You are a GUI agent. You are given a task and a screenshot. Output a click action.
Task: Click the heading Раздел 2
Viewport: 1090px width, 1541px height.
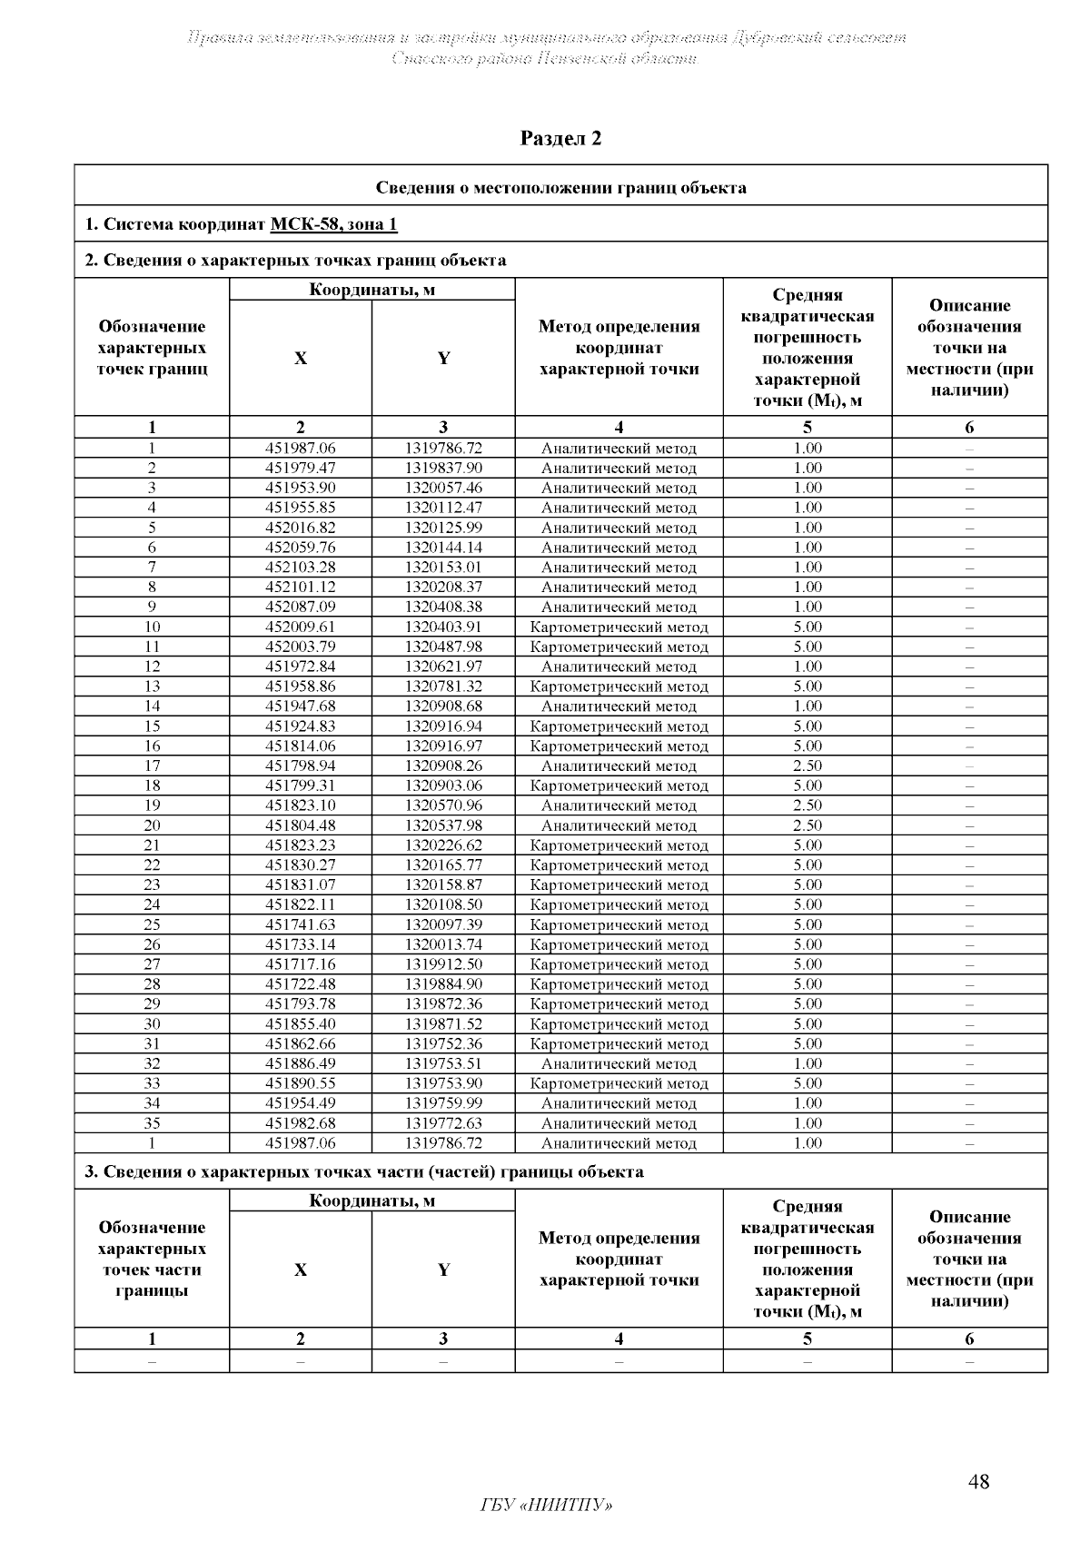tap(560, 138)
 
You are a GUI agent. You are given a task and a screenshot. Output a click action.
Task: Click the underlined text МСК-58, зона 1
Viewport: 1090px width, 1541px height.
tap(333, 224)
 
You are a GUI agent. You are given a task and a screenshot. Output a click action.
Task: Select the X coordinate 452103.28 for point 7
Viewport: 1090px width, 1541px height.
tap(300, 568)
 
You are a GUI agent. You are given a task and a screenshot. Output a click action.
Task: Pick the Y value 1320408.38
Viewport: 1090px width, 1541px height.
tap(443, 607)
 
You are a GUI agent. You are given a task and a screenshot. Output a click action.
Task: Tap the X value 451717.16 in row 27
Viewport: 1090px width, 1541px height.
tap(300, 964)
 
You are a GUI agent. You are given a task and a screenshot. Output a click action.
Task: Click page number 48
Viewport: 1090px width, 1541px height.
tap(978, 1482)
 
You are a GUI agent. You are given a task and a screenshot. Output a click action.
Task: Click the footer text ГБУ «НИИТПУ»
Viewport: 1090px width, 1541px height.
tap(545, 1506)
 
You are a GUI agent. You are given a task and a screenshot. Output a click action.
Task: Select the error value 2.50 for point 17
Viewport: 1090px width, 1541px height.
tap(807, 766)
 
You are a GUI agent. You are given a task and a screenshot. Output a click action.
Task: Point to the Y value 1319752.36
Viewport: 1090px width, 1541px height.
tap(443, 1043)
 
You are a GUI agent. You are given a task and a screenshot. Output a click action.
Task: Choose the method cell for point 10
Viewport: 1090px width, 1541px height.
tap(619, 627)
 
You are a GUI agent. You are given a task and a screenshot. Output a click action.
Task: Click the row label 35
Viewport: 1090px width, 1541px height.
tap(152, 1123)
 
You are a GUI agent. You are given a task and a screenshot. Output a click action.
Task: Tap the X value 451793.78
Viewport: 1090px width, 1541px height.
tap(300, 1004)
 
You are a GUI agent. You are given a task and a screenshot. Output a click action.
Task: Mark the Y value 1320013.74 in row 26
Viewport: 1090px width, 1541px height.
tap(443, 944)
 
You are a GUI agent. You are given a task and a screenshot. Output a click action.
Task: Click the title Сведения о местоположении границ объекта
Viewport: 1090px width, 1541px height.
tap(560, 188)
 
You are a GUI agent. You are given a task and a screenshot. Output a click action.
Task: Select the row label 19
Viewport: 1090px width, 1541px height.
tap(152, 805)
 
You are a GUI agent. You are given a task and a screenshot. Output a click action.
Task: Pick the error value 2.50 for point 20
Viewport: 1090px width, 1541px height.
tap(807, 825)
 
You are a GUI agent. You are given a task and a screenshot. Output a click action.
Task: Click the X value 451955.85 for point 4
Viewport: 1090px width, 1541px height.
tap(300, 508)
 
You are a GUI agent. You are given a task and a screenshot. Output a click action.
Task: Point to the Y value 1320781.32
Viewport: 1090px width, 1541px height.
tap(443, 687)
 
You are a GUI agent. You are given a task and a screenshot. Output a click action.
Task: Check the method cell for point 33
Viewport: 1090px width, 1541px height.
tap(619, 1083)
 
